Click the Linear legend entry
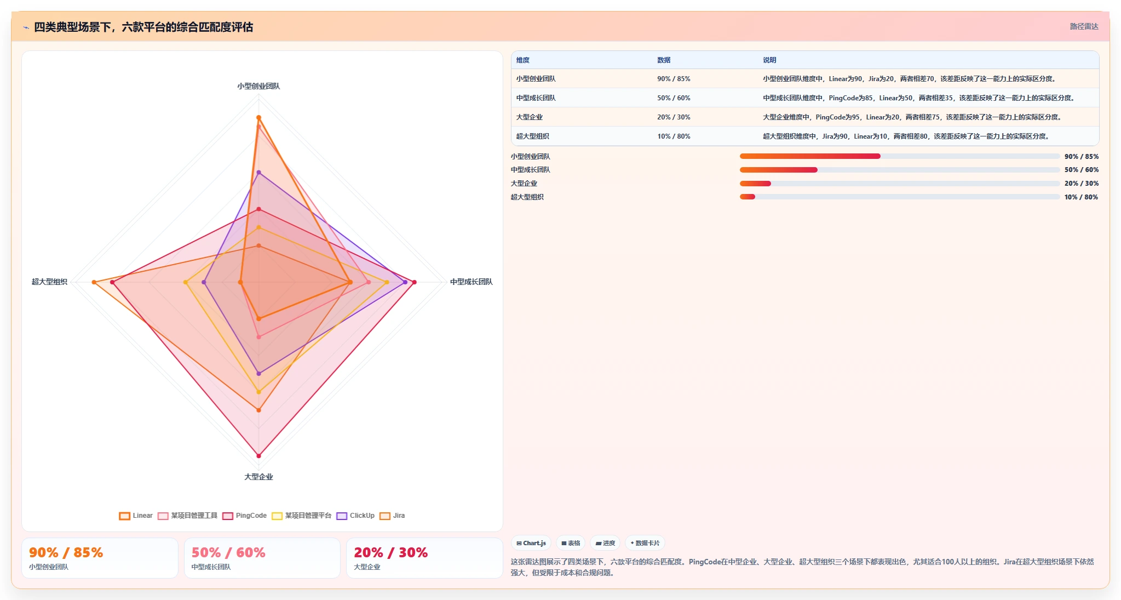pyautogui.click(x=136, y=516)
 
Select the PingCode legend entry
pyautogui.click(x=244, y=516)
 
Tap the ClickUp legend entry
pyautogui.click(x=355, y=516)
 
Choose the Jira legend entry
pyautogui.click(x=392, y=516)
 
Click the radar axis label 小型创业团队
pyautogui.click(x=258, y=86)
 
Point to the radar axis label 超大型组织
pyautogui.click(x=49, y=282)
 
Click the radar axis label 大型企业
pyautogui.click(x=258, y=477)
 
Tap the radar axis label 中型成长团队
pyautogui.click(x=472, y=282)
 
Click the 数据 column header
pyautogui.click(x=664, y=60)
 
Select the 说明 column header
pyautogui.click(x=769, y=60)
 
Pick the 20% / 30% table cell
pyautogui.click(x=674, y=117)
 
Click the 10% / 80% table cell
pyautogui.click(x=674, y=136)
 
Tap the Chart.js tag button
pyautogui.click(x=531, y=543)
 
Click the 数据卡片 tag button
pyautogui.click(x=645, y=543)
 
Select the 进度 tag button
pyautogui.click(x=605, y=543)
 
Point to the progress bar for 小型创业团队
pyautogui.click(x=900, y=156)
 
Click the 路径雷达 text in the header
pyautogui.click(x=1084, y=26)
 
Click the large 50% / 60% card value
pyautogui.click(x=228, y=552)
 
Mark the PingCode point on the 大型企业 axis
pyautogui.click(x=259, y=456)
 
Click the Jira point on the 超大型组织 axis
pyautogui.click(x=94, y=282)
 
